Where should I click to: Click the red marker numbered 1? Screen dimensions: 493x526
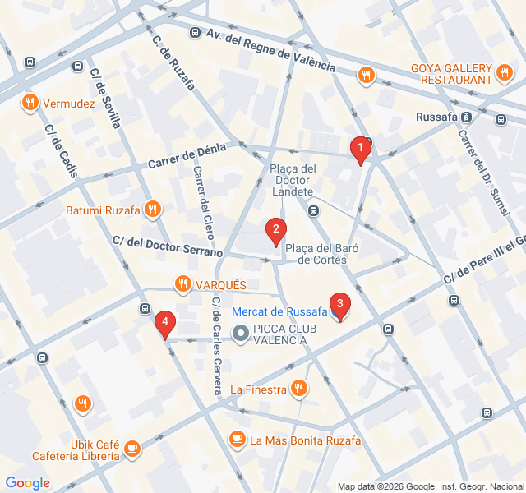click(x=359, y=150)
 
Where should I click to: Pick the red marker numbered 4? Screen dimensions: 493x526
click(x=165, y=323)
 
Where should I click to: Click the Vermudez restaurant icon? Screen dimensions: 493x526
click(x=30, y=103)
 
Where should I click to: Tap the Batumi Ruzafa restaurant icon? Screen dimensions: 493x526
click(x=151, y=210)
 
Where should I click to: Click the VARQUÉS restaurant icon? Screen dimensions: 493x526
click(x=182, y=284)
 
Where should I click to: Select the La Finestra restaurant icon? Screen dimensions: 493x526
click(x=299, y=389)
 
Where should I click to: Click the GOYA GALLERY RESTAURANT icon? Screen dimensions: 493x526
click(x=506, y=75)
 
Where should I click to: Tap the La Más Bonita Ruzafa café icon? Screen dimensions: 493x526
click(x=238, y=440)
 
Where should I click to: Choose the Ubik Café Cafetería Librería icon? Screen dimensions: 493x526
click(x=132, y=449)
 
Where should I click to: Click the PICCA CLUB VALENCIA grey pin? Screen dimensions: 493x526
click(x=240, y=334)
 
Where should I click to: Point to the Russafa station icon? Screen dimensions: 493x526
click(x=466, y=117)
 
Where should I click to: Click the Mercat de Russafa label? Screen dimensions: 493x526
click(x=279, y=311)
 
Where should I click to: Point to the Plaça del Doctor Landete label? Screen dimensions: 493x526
click(x=293, y=180)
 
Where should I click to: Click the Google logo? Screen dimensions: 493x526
click(x=28, y=483)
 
